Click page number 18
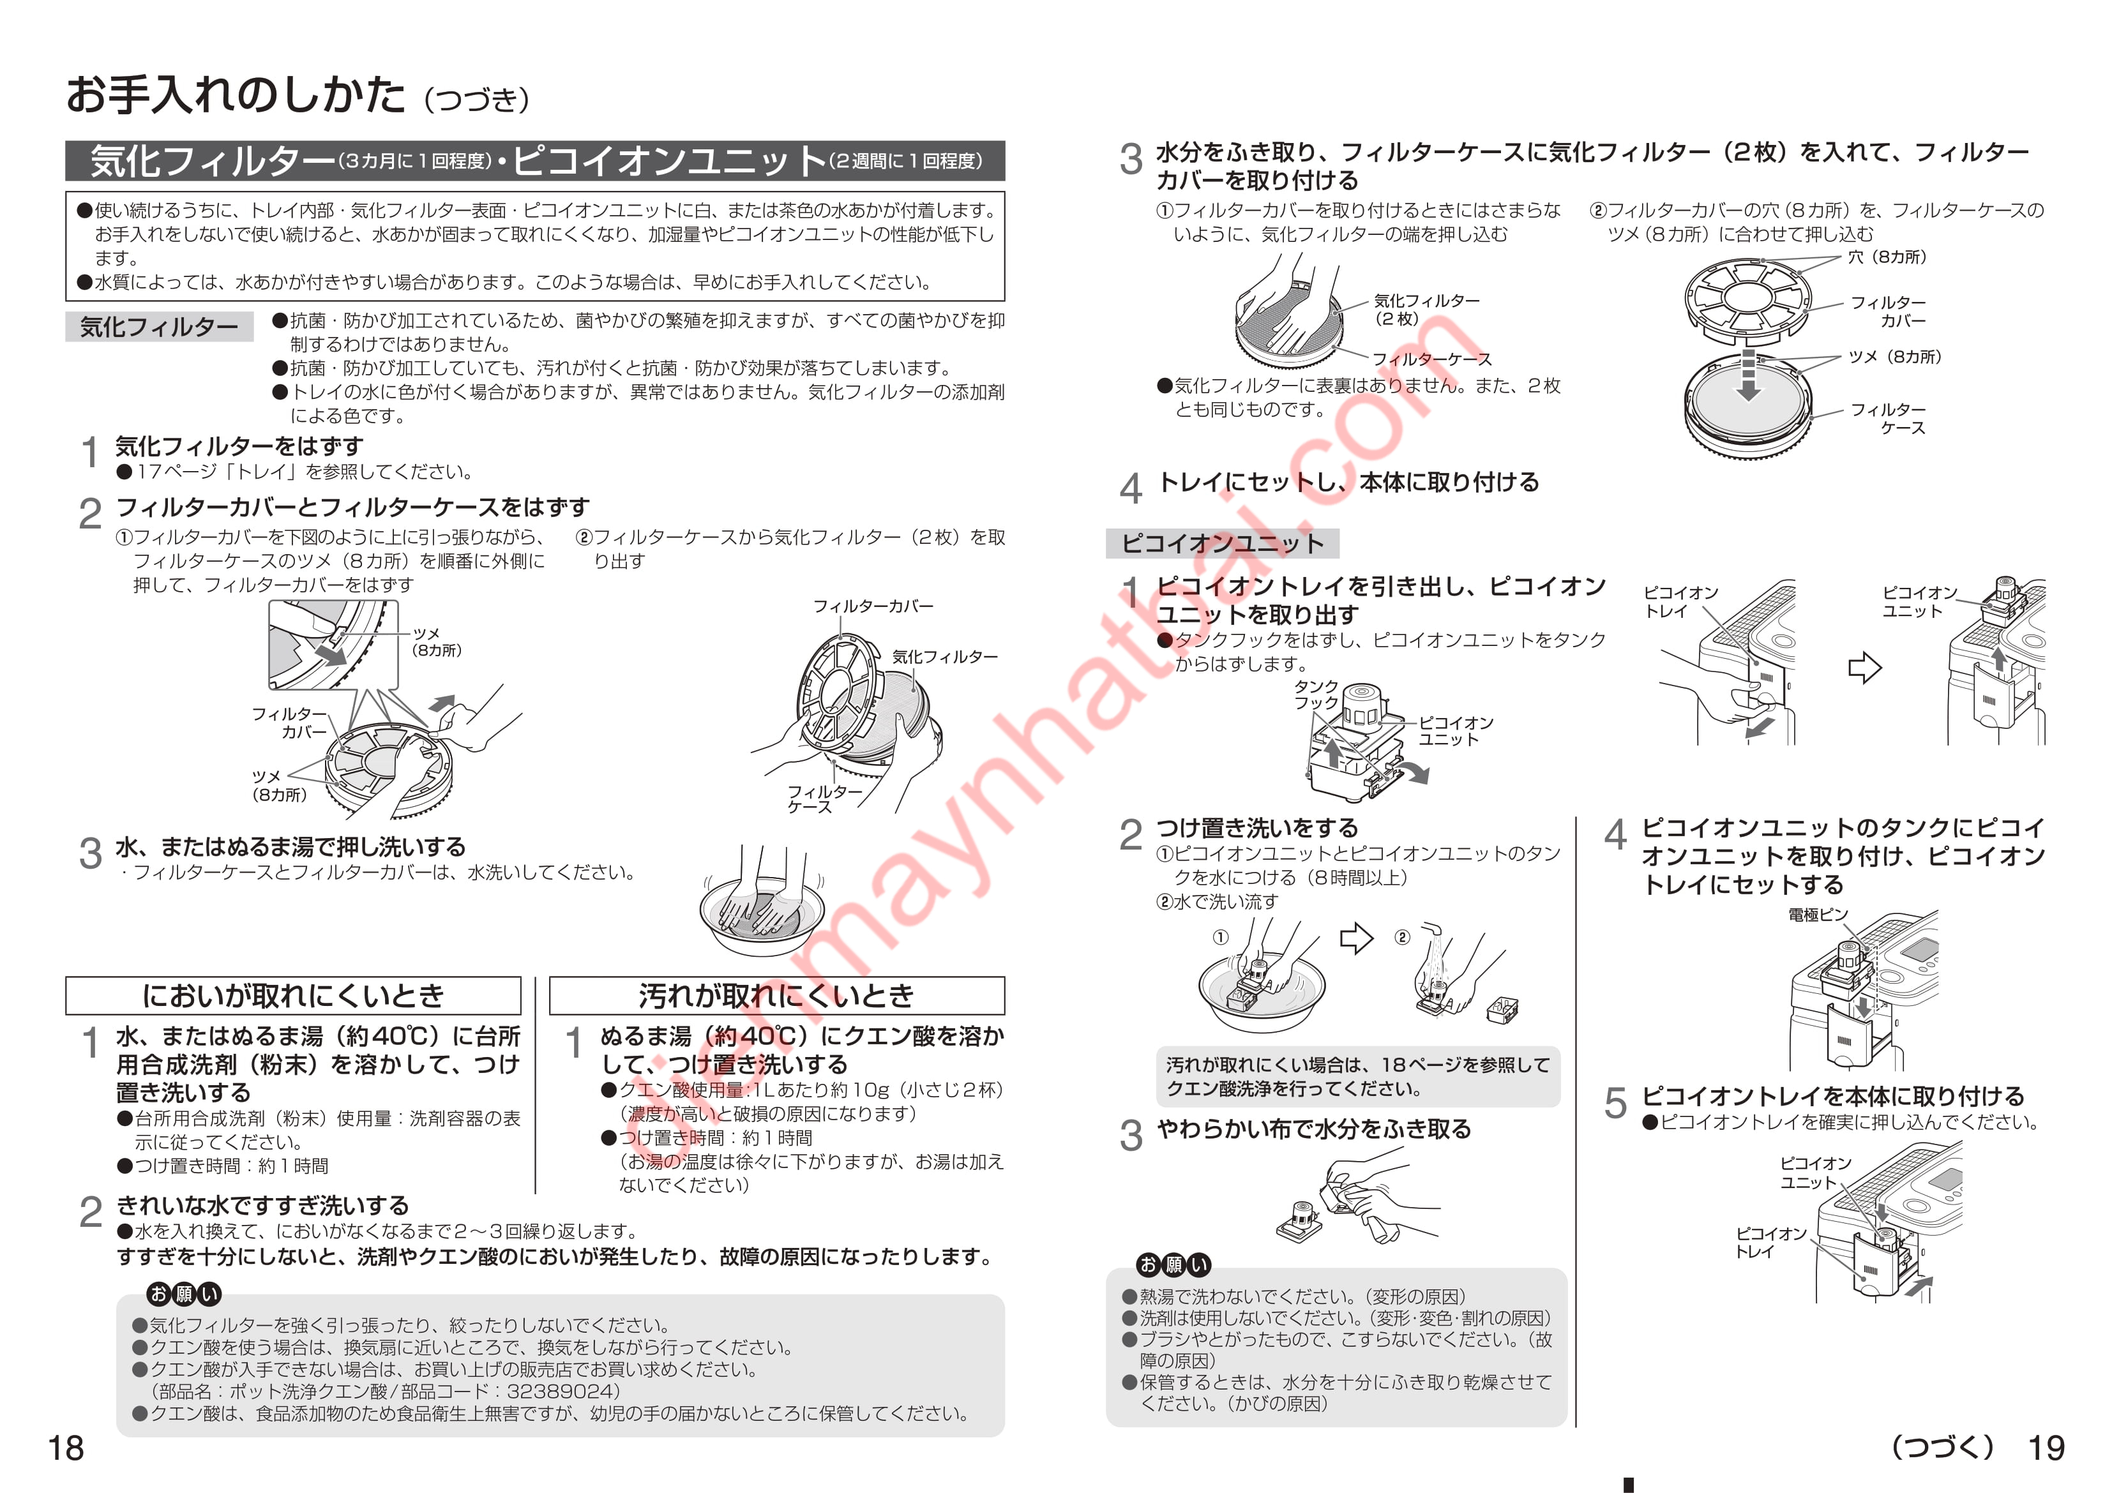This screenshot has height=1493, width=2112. tap(66, 1448)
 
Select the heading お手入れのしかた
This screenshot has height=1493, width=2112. tap(236, 94)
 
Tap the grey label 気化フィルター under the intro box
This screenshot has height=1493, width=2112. tap(159, 327)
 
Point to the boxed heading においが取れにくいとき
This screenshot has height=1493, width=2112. tap(294, 995)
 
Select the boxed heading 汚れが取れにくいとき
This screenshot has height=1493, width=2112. tap(777, 995)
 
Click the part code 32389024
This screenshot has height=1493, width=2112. tap(563, 1391)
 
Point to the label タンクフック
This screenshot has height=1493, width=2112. tap(1316, 694)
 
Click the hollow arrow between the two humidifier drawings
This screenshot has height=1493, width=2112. tap(1864, 668)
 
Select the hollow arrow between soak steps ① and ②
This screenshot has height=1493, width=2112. tap(1356, 938)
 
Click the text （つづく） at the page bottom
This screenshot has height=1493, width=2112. tap(1942, 1447)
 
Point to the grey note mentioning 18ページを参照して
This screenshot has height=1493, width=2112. tap(1358, 1076)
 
